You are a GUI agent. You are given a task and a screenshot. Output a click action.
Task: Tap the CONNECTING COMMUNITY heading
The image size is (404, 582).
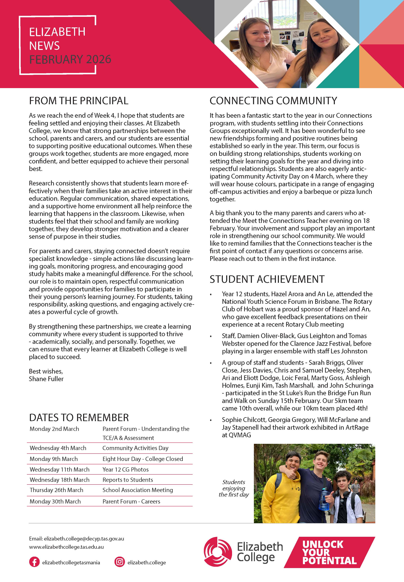click(273, 101)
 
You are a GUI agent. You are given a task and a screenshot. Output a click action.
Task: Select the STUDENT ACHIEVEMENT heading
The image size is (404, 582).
click(267, 279)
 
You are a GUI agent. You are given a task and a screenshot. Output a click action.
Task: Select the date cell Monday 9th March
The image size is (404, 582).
click(54, 459)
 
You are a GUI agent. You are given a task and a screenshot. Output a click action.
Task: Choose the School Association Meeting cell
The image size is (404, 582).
click(138, 490)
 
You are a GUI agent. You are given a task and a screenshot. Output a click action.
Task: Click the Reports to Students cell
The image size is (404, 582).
click(128, 480)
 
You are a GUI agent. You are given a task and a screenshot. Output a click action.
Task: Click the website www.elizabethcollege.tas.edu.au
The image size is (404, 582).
click(66, 547)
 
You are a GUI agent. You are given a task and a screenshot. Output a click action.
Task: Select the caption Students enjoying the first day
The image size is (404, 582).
click(234, 488)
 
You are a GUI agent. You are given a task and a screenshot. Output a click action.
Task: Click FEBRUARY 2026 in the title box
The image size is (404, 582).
click(70, 59)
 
